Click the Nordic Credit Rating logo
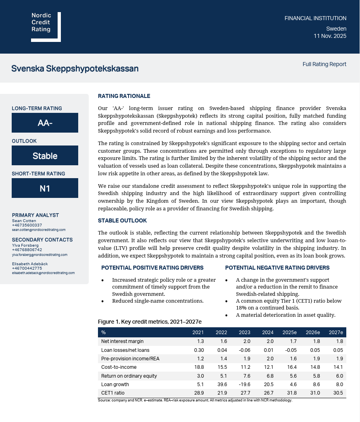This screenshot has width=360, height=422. coord(46,27)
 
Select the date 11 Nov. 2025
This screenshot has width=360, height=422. coord(330,36)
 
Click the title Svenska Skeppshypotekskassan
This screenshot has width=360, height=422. coord(75,69)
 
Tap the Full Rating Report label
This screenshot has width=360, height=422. coord(324,64)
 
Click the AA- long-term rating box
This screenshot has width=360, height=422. coord(45,123)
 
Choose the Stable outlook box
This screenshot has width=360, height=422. coord(45,156)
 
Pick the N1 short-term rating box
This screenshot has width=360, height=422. coord(45,188)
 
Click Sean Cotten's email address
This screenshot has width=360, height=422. coord(39,230)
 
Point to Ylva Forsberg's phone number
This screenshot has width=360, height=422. coord(27,250)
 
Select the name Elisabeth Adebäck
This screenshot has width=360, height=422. coord(30,264)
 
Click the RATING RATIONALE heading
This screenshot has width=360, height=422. coord(124,96)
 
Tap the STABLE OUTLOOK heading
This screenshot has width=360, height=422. coord(122,221)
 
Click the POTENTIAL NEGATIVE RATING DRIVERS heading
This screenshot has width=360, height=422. coord(277,268)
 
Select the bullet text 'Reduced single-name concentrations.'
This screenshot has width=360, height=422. coord(158,301)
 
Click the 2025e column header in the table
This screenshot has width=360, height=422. coord(289,333)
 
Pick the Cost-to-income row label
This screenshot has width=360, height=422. coord(119,367)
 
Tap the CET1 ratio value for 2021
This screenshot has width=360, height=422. coord(199,393)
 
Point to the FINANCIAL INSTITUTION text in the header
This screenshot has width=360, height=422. coord(315,18)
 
